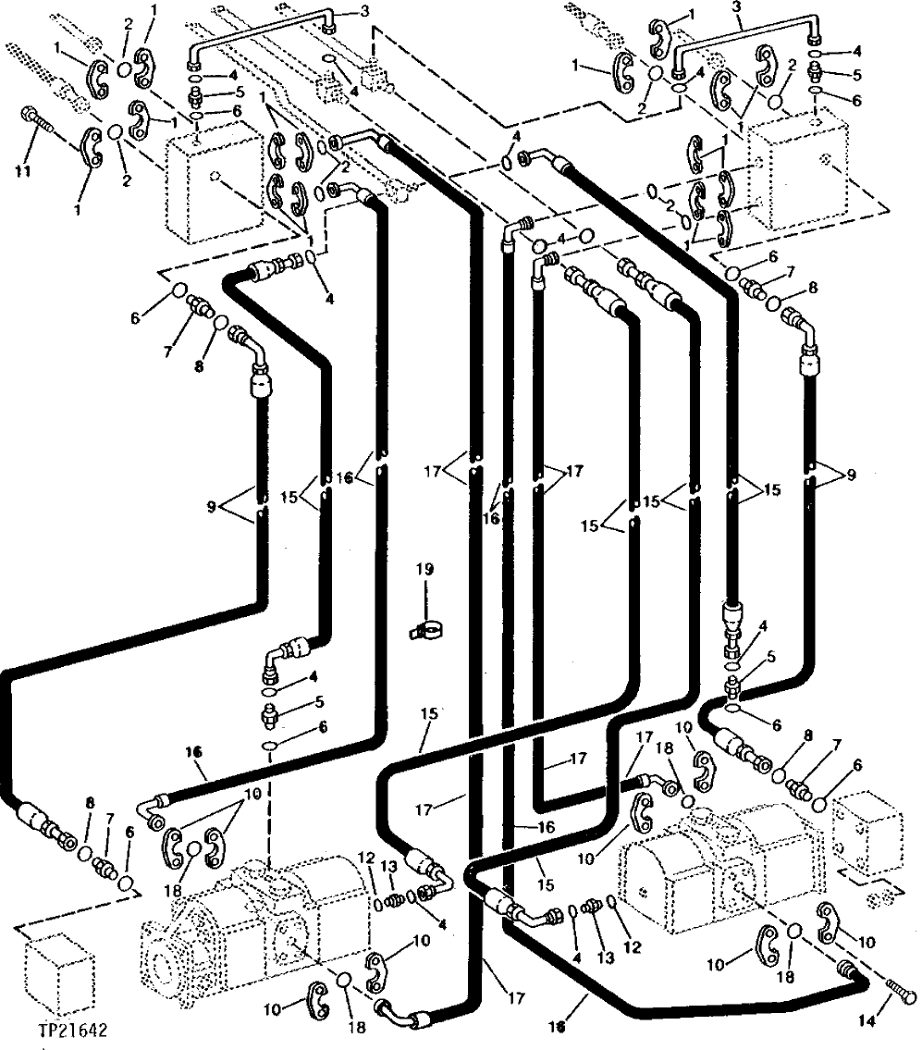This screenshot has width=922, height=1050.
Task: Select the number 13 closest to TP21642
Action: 390,864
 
